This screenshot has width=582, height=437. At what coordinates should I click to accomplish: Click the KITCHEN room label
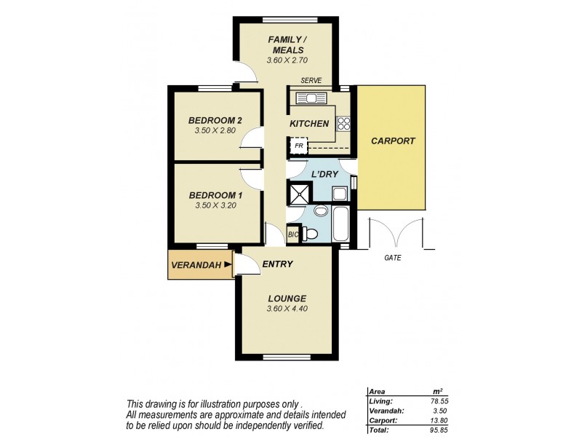click(309, 124)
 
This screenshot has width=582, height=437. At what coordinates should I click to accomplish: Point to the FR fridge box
click(298, 147)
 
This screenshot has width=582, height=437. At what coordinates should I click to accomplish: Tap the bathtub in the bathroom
click(342, 224)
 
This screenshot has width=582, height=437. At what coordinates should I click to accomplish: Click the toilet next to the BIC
click(310, 233)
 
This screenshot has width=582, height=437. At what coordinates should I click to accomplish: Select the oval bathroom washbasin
click(320, 212)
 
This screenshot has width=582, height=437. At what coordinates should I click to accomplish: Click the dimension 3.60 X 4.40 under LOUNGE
click(286, 309)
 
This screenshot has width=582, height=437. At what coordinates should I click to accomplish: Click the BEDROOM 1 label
click(215, 195)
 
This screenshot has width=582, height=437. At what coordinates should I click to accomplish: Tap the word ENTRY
click(277, 264)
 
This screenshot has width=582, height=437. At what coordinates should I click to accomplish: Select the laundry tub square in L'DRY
click(339, 194)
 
